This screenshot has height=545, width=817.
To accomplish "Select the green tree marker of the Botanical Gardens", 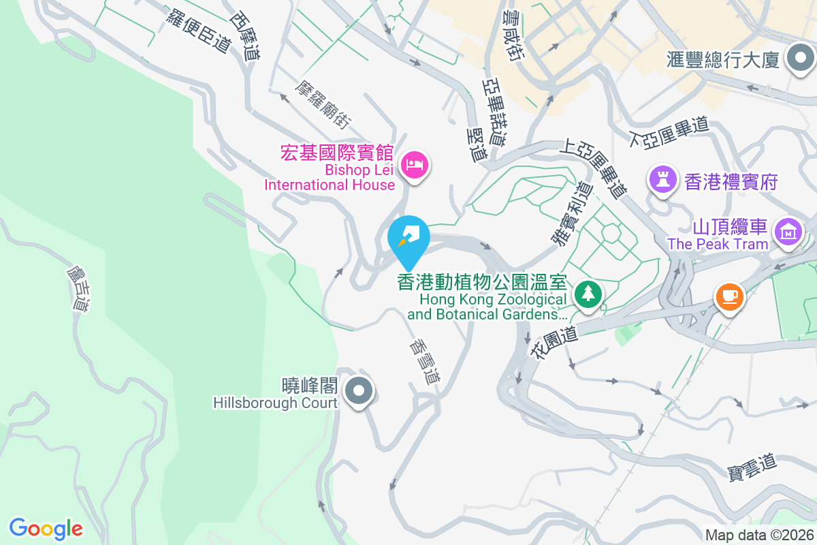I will pos(586,294).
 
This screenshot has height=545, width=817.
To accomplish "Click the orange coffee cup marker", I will pos(729,296).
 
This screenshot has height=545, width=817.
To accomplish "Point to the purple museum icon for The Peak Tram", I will pos(788,233).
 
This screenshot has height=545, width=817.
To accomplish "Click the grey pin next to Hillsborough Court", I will pos(358,392).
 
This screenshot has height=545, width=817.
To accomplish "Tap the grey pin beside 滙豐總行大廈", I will pos(799,59).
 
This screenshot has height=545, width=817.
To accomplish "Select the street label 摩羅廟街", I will pos(323,104).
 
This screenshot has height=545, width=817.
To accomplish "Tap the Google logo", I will pos(46,528).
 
